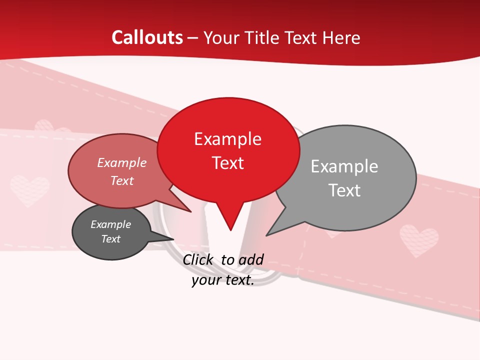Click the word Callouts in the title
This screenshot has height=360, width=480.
coord(147,37)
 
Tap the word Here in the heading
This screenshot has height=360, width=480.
coord(341,37)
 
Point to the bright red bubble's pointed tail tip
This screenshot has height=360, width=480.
coord(230,230)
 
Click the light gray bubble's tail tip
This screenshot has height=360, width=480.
coord(267,235)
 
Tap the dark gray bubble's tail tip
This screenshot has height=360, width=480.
coord(172,239)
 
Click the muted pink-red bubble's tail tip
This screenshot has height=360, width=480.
coord(190,212)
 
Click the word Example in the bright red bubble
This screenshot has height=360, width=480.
coord(227,139)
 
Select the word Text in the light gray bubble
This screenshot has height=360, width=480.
coord(344,190)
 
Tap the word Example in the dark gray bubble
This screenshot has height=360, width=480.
coord(110,224)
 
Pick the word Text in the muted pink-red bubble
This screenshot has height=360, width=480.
coord(122,180)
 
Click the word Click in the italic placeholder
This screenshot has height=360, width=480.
coord(198,259)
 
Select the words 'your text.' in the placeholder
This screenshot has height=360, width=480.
coord(223,280)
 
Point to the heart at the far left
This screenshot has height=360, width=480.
coord(30,190)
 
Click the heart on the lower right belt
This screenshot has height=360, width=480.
coord(419,240)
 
